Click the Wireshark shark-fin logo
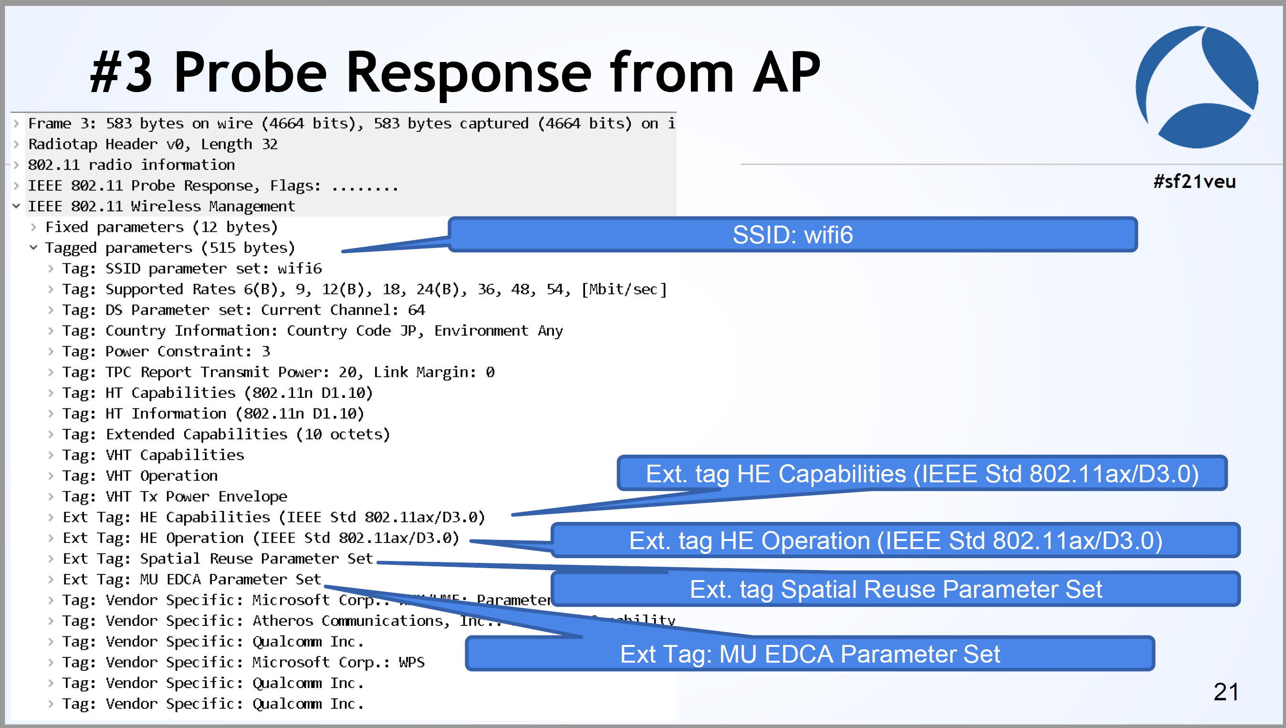coord(1196,87)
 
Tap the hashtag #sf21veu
coord(1194,181)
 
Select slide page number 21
coord(1225,692)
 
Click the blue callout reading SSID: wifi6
coord(793,235)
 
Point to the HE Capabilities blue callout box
coord(921,474)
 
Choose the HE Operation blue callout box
coord(895,541)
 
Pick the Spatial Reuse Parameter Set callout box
coord(895,589)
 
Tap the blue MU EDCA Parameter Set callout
coord(809,654)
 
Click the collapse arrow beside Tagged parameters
coord(33,248)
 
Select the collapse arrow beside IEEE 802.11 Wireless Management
coord(17,206)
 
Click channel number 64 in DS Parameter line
coord(416,310)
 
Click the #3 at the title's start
coord(121,73)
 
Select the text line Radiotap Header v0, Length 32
coord(153,144)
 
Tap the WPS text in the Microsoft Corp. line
coord(411,663)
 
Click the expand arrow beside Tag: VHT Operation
coord(51,476)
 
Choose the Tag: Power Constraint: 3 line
coord(166,352)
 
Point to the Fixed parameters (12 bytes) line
coord(161,227)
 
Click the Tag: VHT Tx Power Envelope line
coord(175,497)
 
